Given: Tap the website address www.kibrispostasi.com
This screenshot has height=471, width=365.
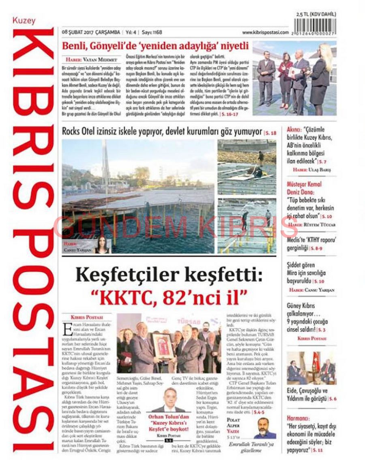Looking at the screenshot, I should coord(265,32).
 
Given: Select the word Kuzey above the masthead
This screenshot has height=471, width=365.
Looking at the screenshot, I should coord(24,20).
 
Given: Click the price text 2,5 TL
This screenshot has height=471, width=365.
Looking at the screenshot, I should coord(305,15).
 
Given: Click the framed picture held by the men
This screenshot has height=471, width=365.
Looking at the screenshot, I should coord(163,345).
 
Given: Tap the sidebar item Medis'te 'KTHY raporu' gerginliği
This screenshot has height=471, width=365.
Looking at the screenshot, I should coord(310,243).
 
